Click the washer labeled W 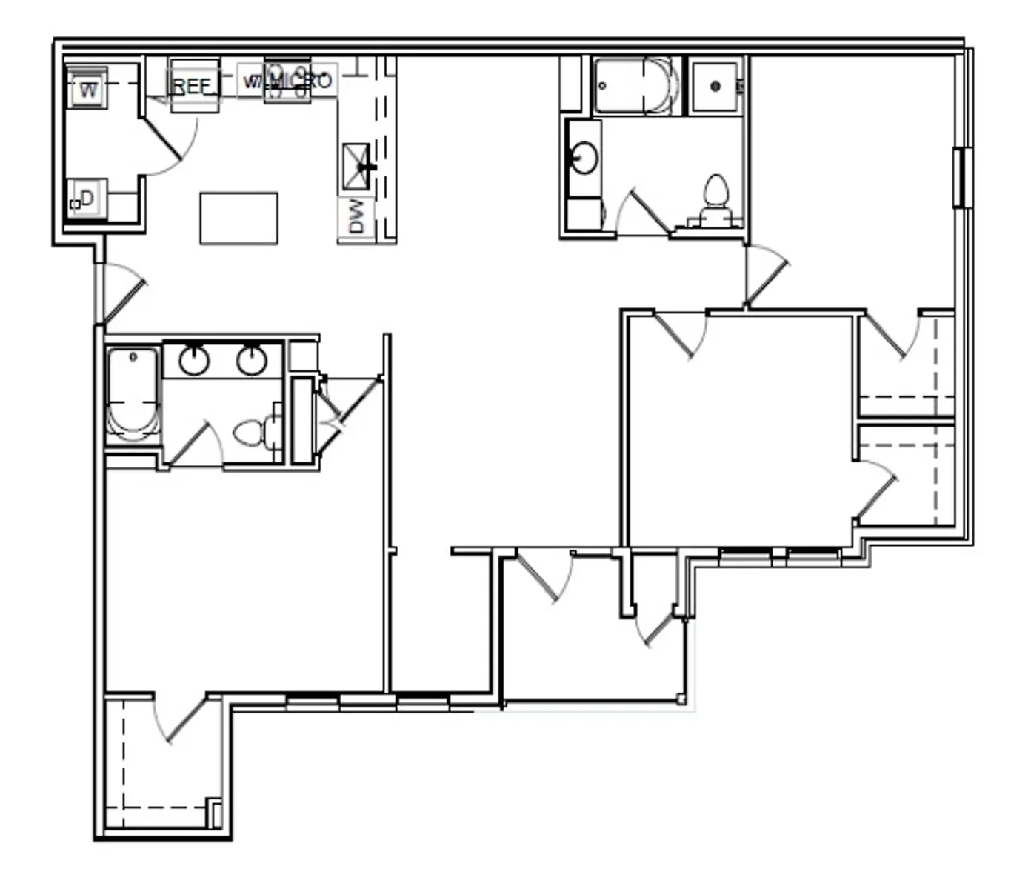coord(88,90)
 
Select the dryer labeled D coord(87,199)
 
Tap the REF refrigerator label coord(192,86)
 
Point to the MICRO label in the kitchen coord(302,80)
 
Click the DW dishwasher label coord(356,216)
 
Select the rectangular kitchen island coord(238,218)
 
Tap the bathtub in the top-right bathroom coord(635,86)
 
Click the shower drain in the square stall coord(715,87)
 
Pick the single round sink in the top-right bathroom coord(584,158)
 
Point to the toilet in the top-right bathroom coord(715,196)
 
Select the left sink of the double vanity coord(194,361)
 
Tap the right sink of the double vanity coord(251,361)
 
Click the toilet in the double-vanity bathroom coord(252,433)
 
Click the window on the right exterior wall coord(962,178)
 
